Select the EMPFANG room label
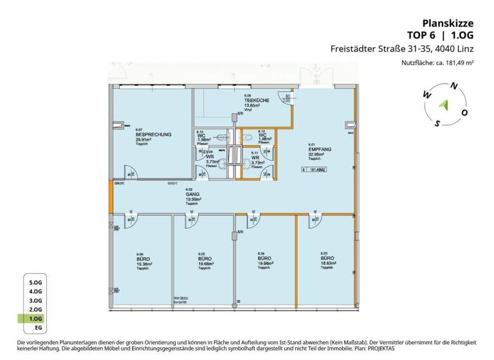click(319, 149)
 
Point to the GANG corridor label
click(191, 194)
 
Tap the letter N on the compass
click(454, 85)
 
